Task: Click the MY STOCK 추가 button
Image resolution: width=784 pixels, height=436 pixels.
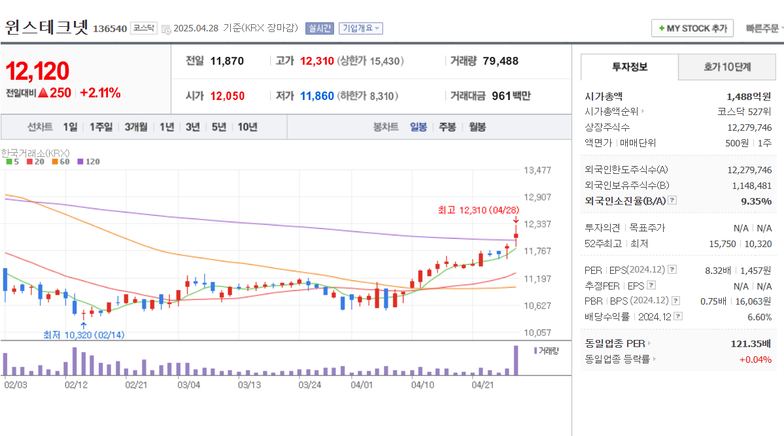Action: point(692,28)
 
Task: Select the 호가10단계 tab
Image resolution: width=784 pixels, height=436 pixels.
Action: point(727,67)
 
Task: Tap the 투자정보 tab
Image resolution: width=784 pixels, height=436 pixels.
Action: point(630,67)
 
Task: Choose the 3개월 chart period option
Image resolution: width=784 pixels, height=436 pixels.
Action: point(136,127)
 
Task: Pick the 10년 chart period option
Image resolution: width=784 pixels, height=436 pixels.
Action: point(247,127)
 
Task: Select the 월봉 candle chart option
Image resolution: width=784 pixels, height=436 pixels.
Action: point(477,127)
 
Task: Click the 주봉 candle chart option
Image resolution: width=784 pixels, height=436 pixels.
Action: point(447,127)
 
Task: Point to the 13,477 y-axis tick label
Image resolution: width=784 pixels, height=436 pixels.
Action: point(537,170)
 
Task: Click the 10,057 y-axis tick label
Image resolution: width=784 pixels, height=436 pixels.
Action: point(537,332)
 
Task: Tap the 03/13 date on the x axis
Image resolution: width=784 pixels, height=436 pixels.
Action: point(249,384)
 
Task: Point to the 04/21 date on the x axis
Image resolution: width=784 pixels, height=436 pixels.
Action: point(483,384)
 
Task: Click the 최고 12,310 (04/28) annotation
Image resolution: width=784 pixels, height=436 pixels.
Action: point(478,210)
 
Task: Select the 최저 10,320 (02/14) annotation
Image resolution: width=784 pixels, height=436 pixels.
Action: point(84,335)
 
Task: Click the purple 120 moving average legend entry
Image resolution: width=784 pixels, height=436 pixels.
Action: point(89,161)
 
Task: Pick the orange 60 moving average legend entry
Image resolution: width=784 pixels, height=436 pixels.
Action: point(61,161)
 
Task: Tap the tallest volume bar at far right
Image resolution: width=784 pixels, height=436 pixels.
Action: point(516,360)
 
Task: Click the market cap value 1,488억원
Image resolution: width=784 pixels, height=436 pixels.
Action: point(749,96)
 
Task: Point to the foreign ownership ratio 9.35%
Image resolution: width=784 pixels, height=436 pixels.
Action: point(756,201)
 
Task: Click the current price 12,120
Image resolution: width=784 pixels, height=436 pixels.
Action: point(37,71)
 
